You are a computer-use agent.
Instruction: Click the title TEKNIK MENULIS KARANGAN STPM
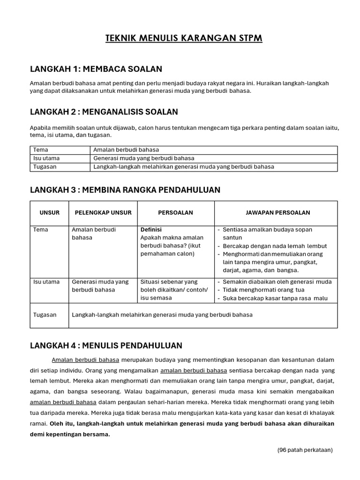tap(184, 38)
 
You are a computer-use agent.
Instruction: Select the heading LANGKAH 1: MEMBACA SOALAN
tap(96, 69)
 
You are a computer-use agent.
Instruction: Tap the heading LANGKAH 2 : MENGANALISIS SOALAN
tap(104, 112)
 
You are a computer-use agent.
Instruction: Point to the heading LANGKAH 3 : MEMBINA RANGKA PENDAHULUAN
tap(125, 189)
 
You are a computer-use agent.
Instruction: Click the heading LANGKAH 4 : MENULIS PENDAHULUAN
tap(106, 345)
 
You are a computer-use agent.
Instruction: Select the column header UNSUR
tap(50, 213)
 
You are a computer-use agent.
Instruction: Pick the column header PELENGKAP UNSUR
tap(103, 213)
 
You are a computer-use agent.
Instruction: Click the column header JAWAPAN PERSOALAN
tap(277, 213)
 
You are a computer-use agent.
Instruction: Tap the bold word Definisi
tap(151, 230)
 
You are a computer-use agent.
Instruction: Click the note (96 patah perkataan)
tap(305, 450)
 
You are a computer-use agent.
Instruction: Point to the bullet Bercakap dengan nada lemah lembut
tap(274, 246)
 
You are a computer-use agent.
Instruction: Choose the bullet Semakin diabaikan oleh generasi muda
tap(277, 282)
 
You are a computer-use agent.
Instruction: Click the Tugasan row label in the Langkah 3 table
tap(45, 315)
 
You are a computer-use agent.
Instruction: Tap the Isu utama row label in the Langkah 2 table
tap(46, 158)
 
